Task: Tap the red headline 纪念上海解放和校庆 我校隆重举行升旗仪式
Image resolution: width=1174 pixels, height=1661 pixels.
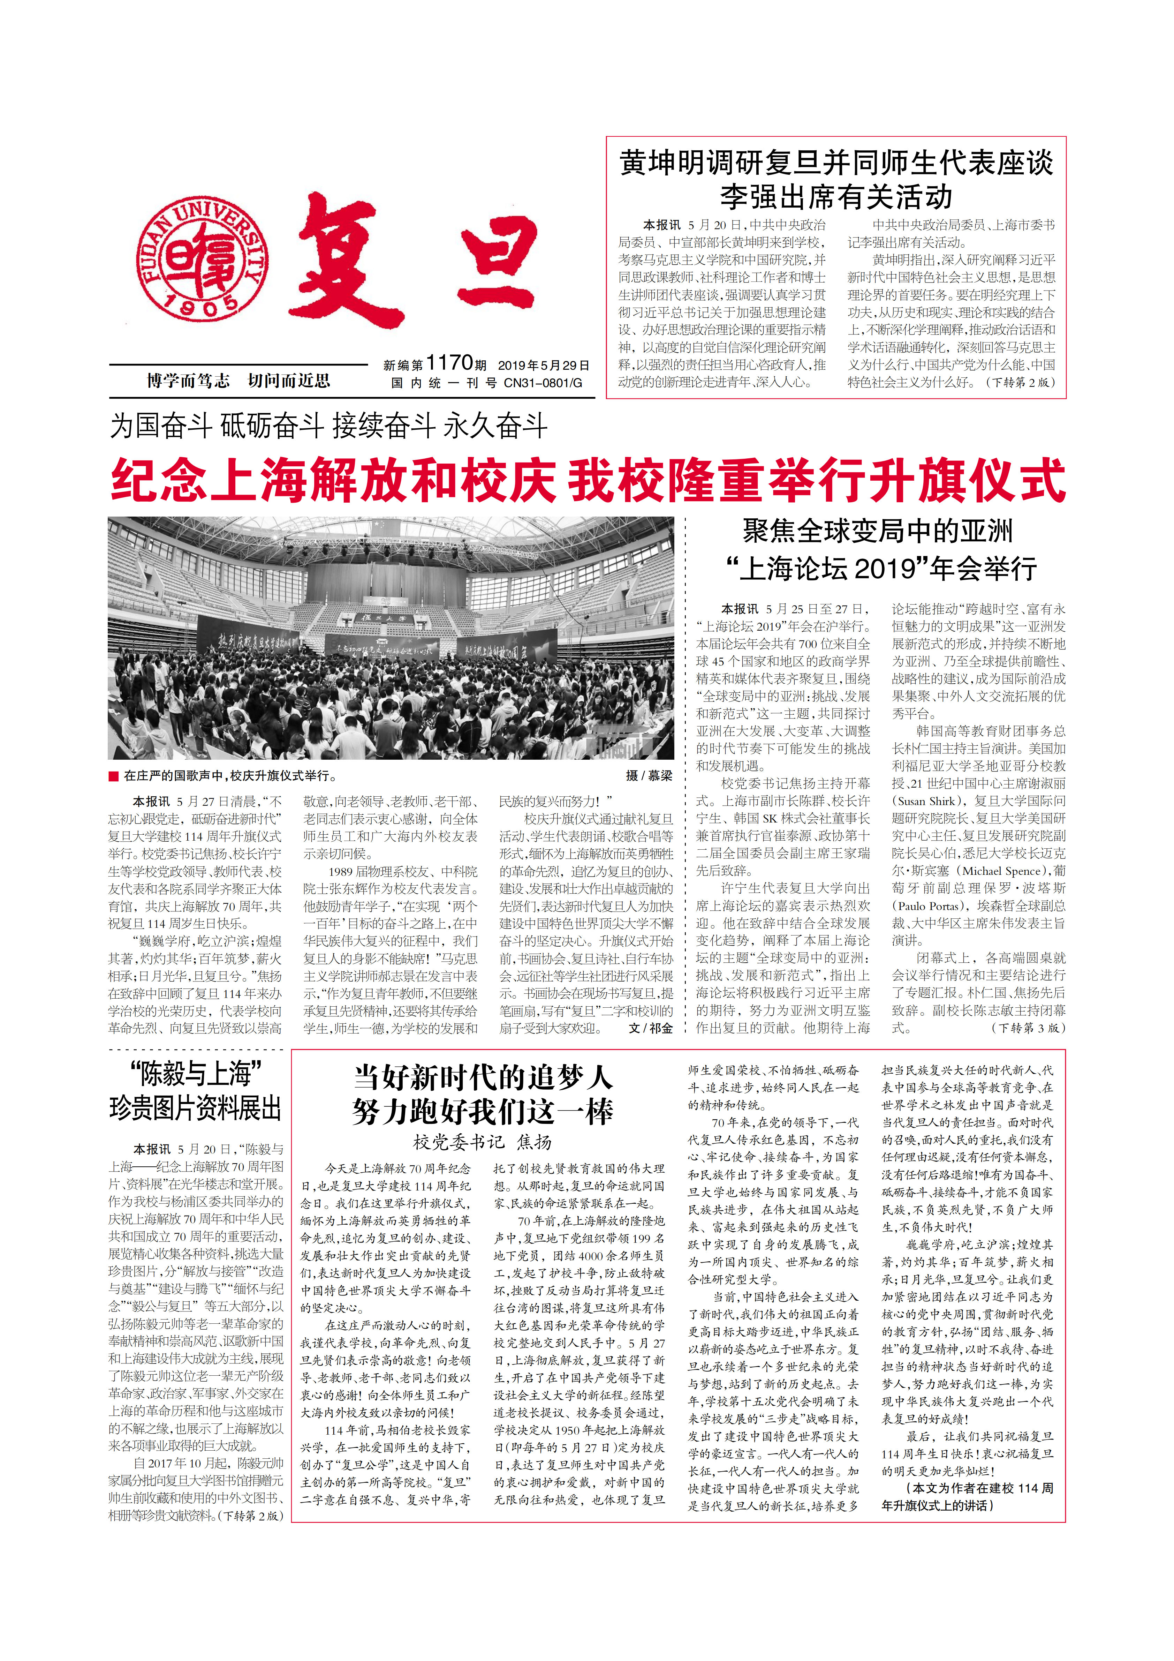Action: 588,480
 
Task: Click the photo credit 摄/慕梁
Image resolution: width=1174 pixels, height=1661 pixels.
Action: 649,775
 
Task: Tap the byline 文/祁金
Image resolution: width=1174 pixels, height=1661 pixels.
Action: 650,1028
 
